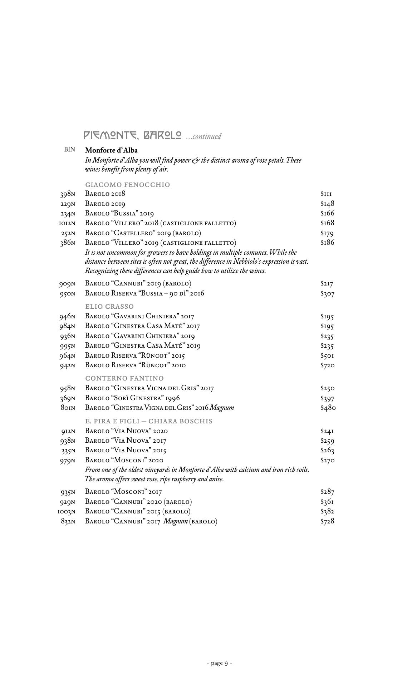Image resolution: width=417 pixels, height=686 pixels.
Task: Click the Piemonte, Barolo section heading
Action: (x=133, y=135)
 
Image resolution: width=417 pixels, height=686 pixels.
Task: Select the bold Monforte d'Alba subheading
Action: (x=111, y=150)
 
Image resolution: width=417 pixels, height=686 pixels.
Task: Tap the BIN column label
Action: (x=70, y=150)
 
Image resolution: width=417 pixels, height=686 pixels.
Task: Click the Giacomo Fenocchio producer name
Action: (x=127, y=185)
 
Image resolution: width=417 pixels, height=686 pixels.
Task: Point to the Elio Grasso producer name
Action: (x=109, y=307)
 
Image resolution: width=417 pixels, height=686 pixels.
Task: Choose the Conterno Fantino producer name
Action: (x=124, y=378)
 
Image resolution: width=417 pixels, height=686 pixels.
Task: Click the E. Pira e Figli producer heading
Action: (x=149, y=421)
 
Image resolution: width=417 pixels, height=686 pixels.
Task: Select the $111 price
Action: (x=326, y=194)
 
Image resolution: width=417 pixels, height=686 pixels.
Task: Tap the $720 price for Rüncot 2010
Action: (x=327, y=366)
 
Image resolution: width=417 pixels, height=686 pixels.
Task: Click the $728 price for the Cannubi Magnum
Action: (x=327, y=521)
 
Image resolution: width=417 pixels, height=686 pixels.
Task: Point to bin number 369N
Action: (x=68, y=398)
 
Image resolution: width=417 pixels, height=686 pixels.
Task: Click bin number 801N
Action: (x=68, y=408)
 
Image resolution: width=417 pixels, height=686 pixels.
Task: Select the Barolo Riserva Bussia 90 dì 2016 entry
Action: (x=144, y=294)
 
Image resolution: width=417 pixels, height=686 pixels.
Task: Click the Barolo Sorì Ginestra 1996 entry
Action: (x=132, y=398)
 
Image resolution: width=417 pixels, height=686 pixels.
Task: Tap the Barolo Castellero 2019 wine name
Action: (x=143, y=233)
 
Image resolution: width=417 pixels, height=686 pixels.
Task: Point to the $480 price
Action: (x=328, y=408)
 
